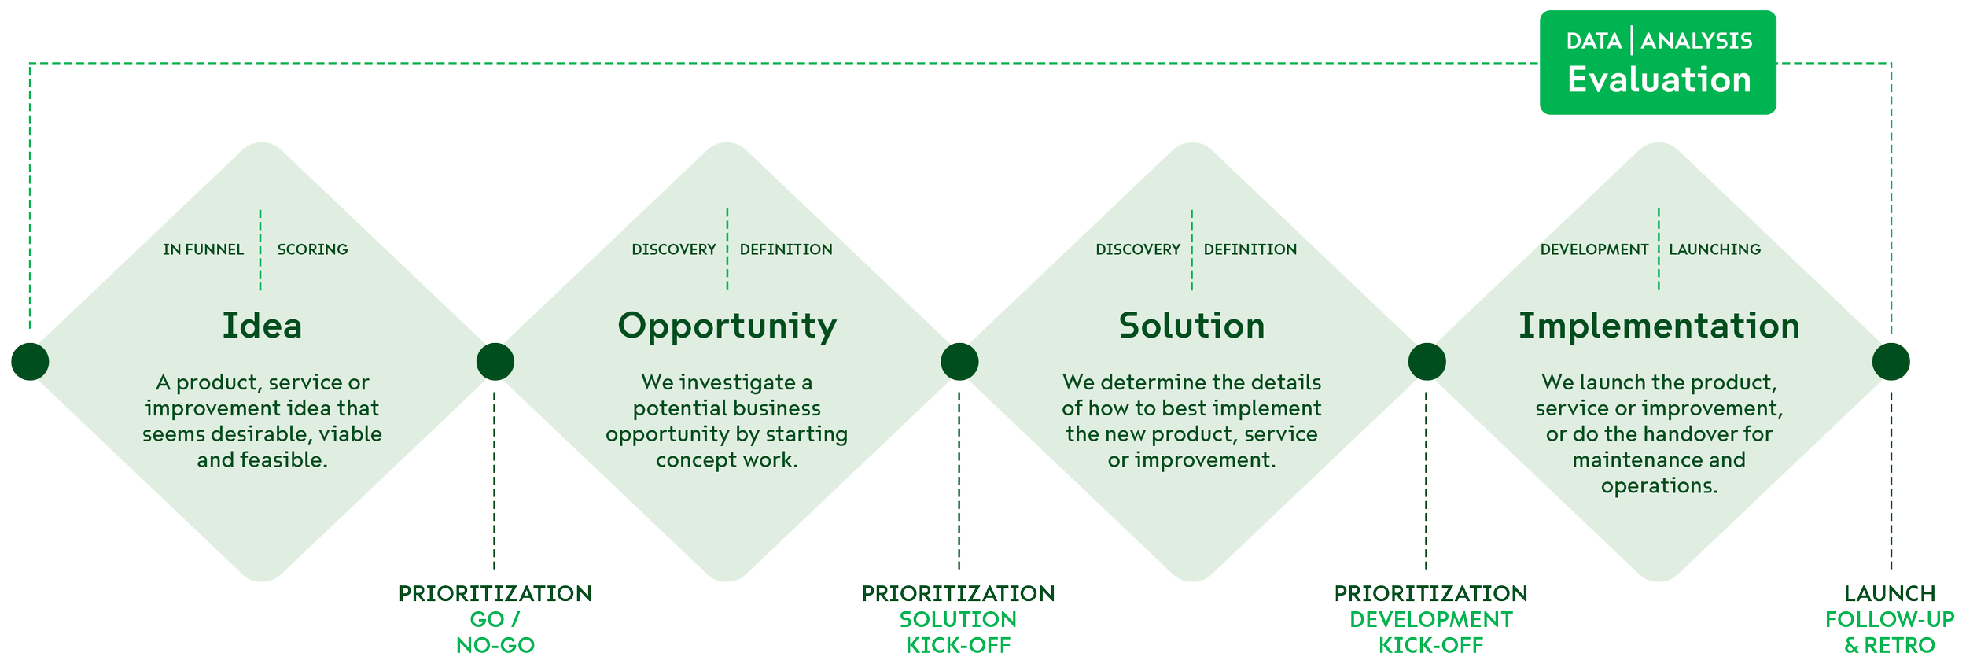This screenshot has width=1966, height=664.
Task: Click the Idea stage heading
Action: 262,326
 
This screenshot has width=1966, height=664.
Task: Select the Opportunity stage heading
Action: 727,326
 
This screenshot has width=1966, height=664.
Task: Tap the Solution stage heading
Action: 1191,326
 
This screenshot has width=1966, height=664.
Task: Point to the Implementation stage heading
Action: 1659,326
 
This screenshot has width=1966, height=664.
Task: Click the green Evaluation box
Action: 1658,63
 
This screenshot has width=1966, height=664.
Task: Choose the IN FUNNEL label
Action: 203,249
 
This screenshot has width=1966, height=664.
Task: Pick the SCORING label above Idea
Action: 312,249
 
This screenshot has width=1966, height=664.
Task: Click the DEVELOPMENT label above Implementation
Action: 1594,249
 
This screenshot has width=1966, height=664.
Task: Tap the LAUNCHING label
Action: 1714,249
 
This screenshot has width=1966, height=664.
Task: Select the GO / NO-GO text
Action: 495,633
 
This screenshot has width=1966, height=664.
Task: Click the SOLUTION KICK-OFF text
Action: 958,633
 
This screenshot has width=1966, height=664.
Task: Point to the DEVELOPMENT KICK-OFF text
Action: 1430,633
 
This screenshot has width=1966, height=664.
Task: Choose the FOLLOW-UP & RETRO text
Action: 1889,633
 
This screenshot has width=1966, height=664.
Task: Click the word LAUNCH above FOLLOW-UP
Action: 1889,594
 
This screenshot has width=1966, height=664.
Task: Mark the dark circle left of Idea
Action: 30,362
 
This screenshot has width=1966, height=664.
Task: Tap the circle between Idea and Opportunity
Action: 495,362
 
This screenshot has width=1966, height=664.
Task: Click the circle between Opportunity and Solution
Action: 959,362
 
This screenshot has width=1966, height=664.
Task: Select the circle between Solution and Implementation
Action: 1427,362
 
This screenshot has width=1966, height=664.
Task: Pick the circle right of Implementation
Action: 1891,362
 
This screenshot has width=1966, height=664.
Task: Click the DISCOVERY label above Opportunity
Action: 674,249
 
